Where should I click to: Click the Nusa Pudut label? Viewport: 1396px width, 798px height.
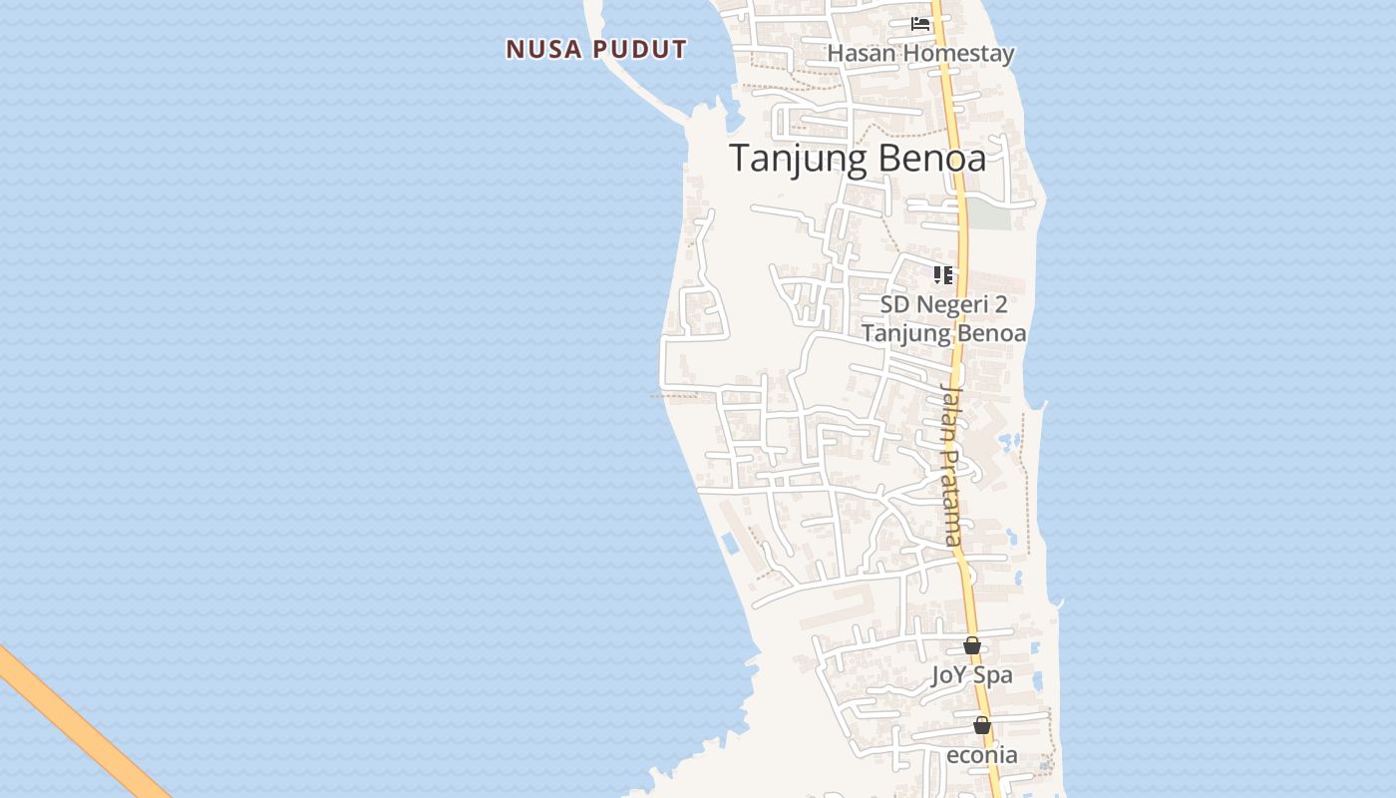tap(596, 49)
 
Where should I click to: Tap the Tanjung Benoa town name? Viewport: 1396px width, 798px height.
tap(858, 159)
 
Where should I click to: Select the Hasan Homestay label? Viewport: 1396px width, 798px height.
tap(920, 54)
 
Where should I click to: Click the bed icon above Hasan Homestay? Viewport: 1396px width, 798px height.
tap(920, 23)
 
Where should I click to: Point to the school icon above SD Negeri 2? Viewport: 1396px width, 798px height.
tap(942, 274)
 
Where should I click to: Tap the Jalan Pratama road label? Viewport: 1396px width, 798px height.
tap(952, 464)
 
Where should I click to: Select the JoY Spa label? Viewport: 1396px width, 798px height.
tap(971, 675)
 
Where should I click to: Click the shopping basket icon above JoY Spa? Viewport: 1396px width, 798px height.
tap(972, 645)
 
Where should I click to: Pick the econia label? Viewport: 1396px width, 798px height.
tap(981, 755)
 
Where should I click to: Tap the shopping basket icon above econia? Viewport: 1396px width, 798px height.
tap(982, 725)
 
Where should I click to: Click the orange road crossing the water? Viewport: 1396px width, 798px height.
tap(80, 723)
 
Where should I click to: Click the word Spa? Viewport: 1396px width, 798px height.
tap(994, 675)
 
